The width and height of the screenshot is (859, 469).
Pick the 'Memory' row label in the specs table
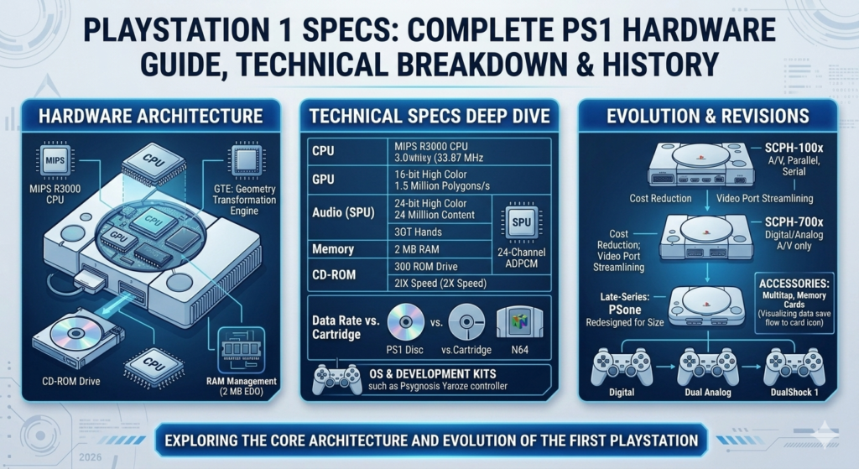tap(333, 249)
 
